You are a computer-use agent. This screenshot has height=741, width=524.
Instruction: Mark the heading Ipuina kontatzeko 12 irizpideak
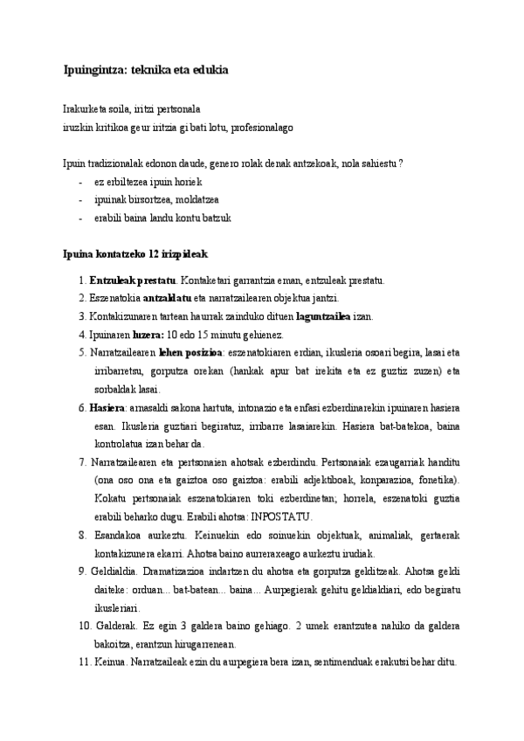pos(135,253)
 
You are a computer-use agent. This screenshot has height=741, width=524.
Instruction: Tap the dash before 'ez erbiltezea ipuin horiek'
pos(80,182)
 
